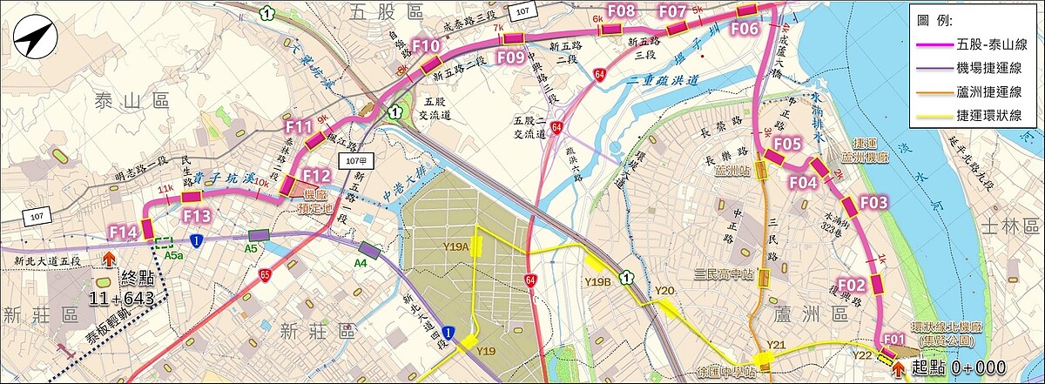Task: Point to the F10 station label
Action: pos(427,46)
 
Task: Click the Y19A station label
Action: pos(455,246)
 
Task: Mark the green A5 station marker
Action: pos(259,235)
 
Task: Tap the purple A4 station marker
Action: pos(369,251)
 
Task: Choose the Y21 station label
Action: pos(777,346)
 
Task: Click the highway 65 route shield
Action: pos(265,274)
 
